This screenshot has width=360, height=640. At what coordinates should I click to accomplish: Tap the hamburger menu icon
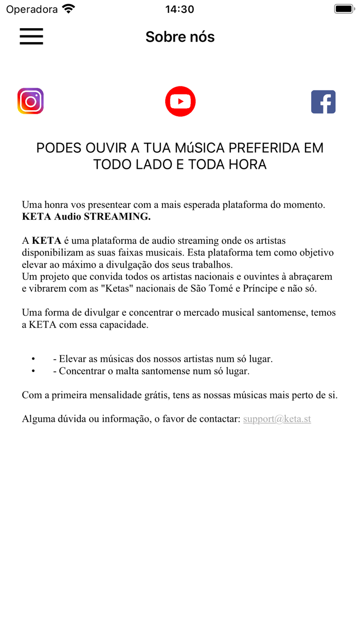31,37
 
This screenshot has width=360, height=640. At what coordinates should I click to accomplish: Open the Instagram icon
30,101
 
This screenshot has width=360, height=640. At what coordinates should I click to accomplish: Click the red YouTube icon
180,101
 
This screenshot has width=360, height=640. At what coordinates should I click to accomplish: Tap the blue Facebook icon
323,102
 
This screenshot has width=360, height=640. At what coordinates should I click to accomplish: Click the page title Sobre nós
180,37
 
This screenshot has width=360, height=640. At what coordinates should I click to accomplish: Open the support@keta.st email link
277,419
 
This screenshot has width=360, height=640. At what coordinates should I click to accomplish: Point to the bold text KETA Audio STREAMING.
86,217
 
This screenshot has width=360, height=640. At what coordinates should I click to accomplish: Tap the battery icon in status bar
343,9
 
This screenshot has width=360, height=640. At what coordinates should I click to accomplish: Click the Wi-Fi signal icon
68,9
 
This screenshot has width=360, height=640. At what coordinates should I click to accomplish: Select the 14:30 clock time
180,9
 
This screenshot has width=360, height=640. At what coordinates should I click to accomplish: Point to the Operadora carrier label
32,9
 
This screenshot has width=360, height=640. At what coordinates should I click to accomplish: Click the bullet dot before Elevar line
33,359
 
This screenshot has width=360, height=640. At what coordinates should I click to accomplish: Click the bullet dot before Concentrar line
33,371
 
